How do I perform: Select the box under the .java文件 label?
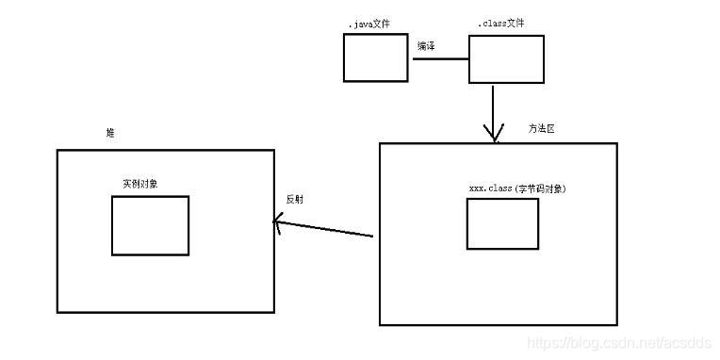click(374, 57)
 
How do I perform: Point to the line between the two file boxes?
click(439, 59)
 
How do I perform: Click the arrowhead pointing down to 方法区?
click(494, 136)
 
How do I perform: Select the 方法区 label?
click(541, 129)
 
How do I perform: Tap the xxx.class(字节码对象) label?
click(517, 188)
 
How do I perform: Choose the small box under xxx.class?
click(502, 223)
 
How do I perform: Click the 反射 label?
click(294, 199)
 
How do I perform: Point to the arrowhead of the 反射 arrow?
click(277, 222)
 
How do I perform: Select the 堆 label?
click(110, 134)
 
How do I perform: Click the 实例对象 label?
click(140, 183)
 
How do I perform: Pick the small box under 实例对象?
click(150, 225)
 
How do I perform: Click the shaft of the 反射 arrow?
click(325, 229)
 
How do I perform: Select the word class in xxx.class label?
click(499, 188)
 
